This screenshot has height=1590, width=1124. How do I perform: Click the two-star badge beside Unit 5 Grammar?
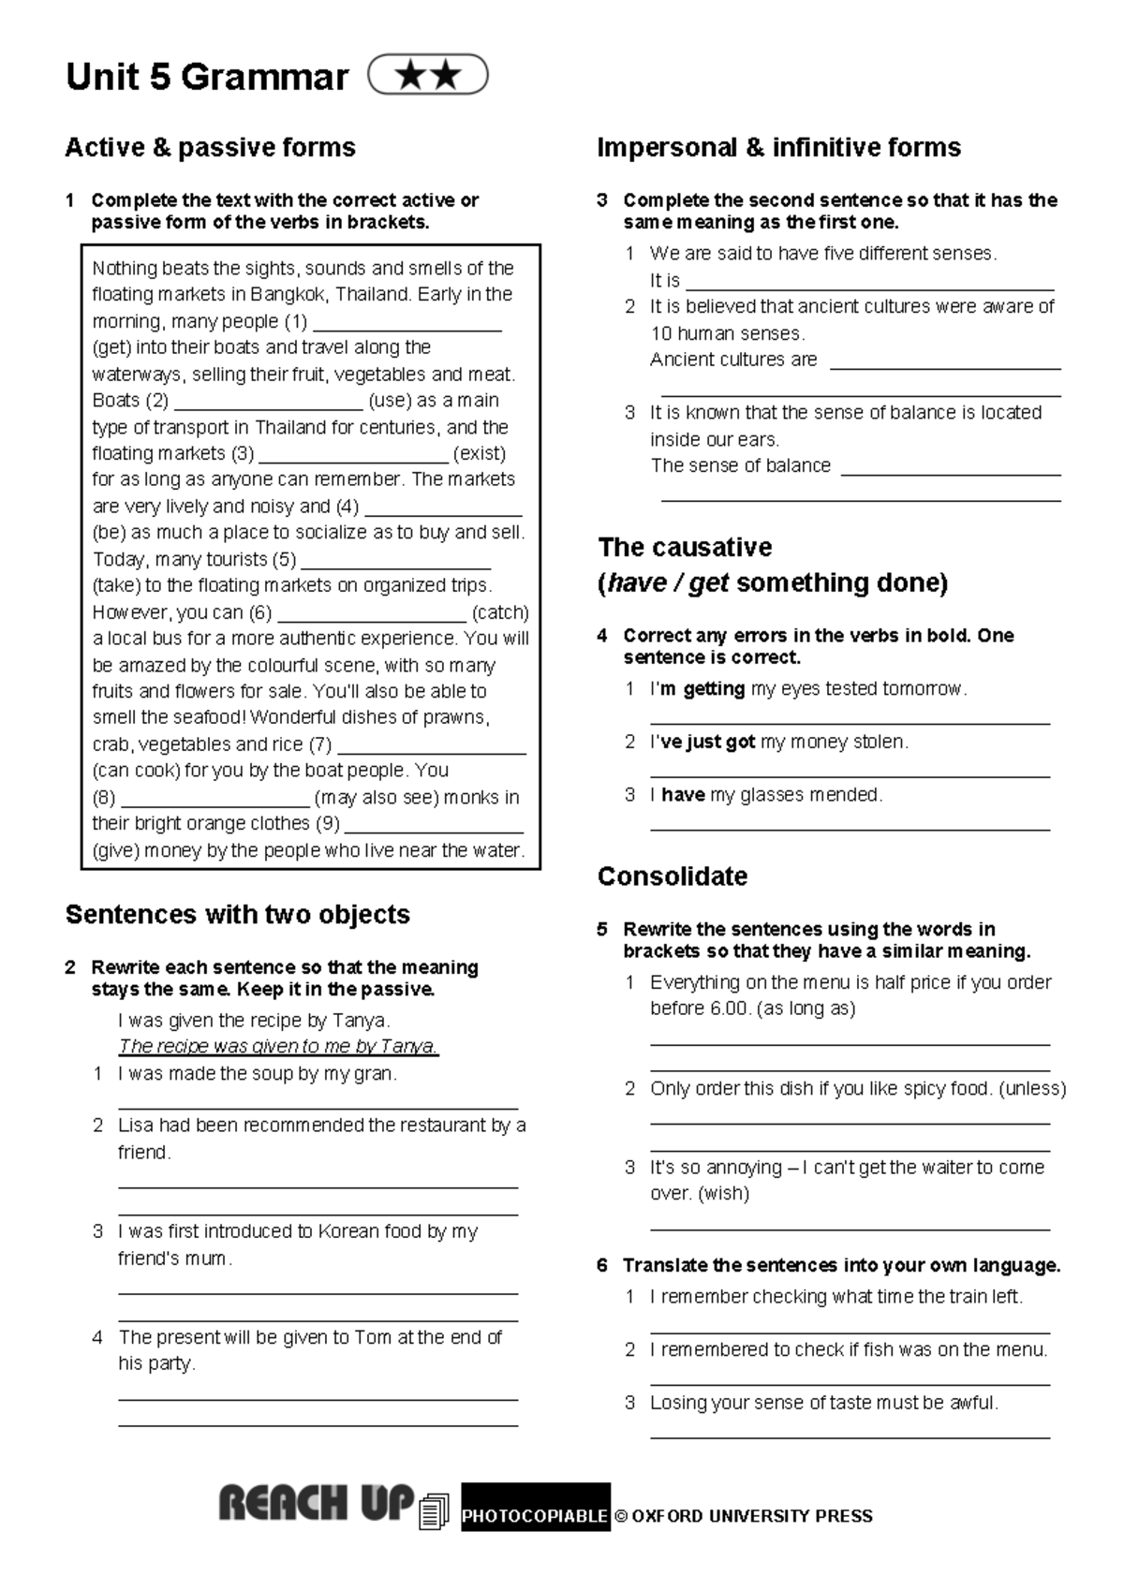pyautogui.click(x=428, y=75)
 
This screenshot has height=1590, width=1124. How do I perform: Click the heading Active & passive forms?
pyautogui.click(x=210, y=147)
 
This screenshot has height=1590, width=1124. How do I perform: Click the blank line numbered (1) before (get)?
pyautogui.click(x=407, y=328)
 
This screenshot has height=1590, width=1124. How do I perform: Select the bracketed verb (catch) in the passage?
pyautogui.click(x=500, y=612)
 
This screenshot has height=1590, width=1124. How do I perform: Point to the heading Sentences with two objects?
pyautogui.click(x=237, y=914)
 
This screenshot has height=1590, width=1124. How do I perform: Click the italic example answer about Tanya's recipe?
pyautogui.click(x=278, y=1046)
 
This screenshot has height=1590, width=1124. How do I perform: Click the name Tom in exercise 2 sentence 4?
pyautogui.click(x=373, y=1337)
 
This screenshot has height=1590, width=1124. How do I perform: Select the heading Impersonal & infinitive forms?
pyautogui.click(x=778, y=147)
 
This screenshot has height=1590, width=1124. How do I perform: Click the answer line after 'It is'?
pyautogui.click(x=870, y=287)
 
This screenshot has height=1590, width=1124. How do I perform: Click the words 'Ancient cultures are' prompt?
pyautogui.click(x=733, y=360)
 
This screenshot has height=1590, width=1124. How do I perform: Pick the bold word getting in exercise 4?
pyautogui.click(x=714, y=689)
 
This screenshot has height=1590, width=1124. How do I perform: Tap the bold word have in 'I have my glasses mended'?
pyautogui.click(x=683, y=795)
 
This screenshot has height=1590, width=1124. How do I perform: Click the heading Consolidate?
pyautogui.click(x=673, y=876)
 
